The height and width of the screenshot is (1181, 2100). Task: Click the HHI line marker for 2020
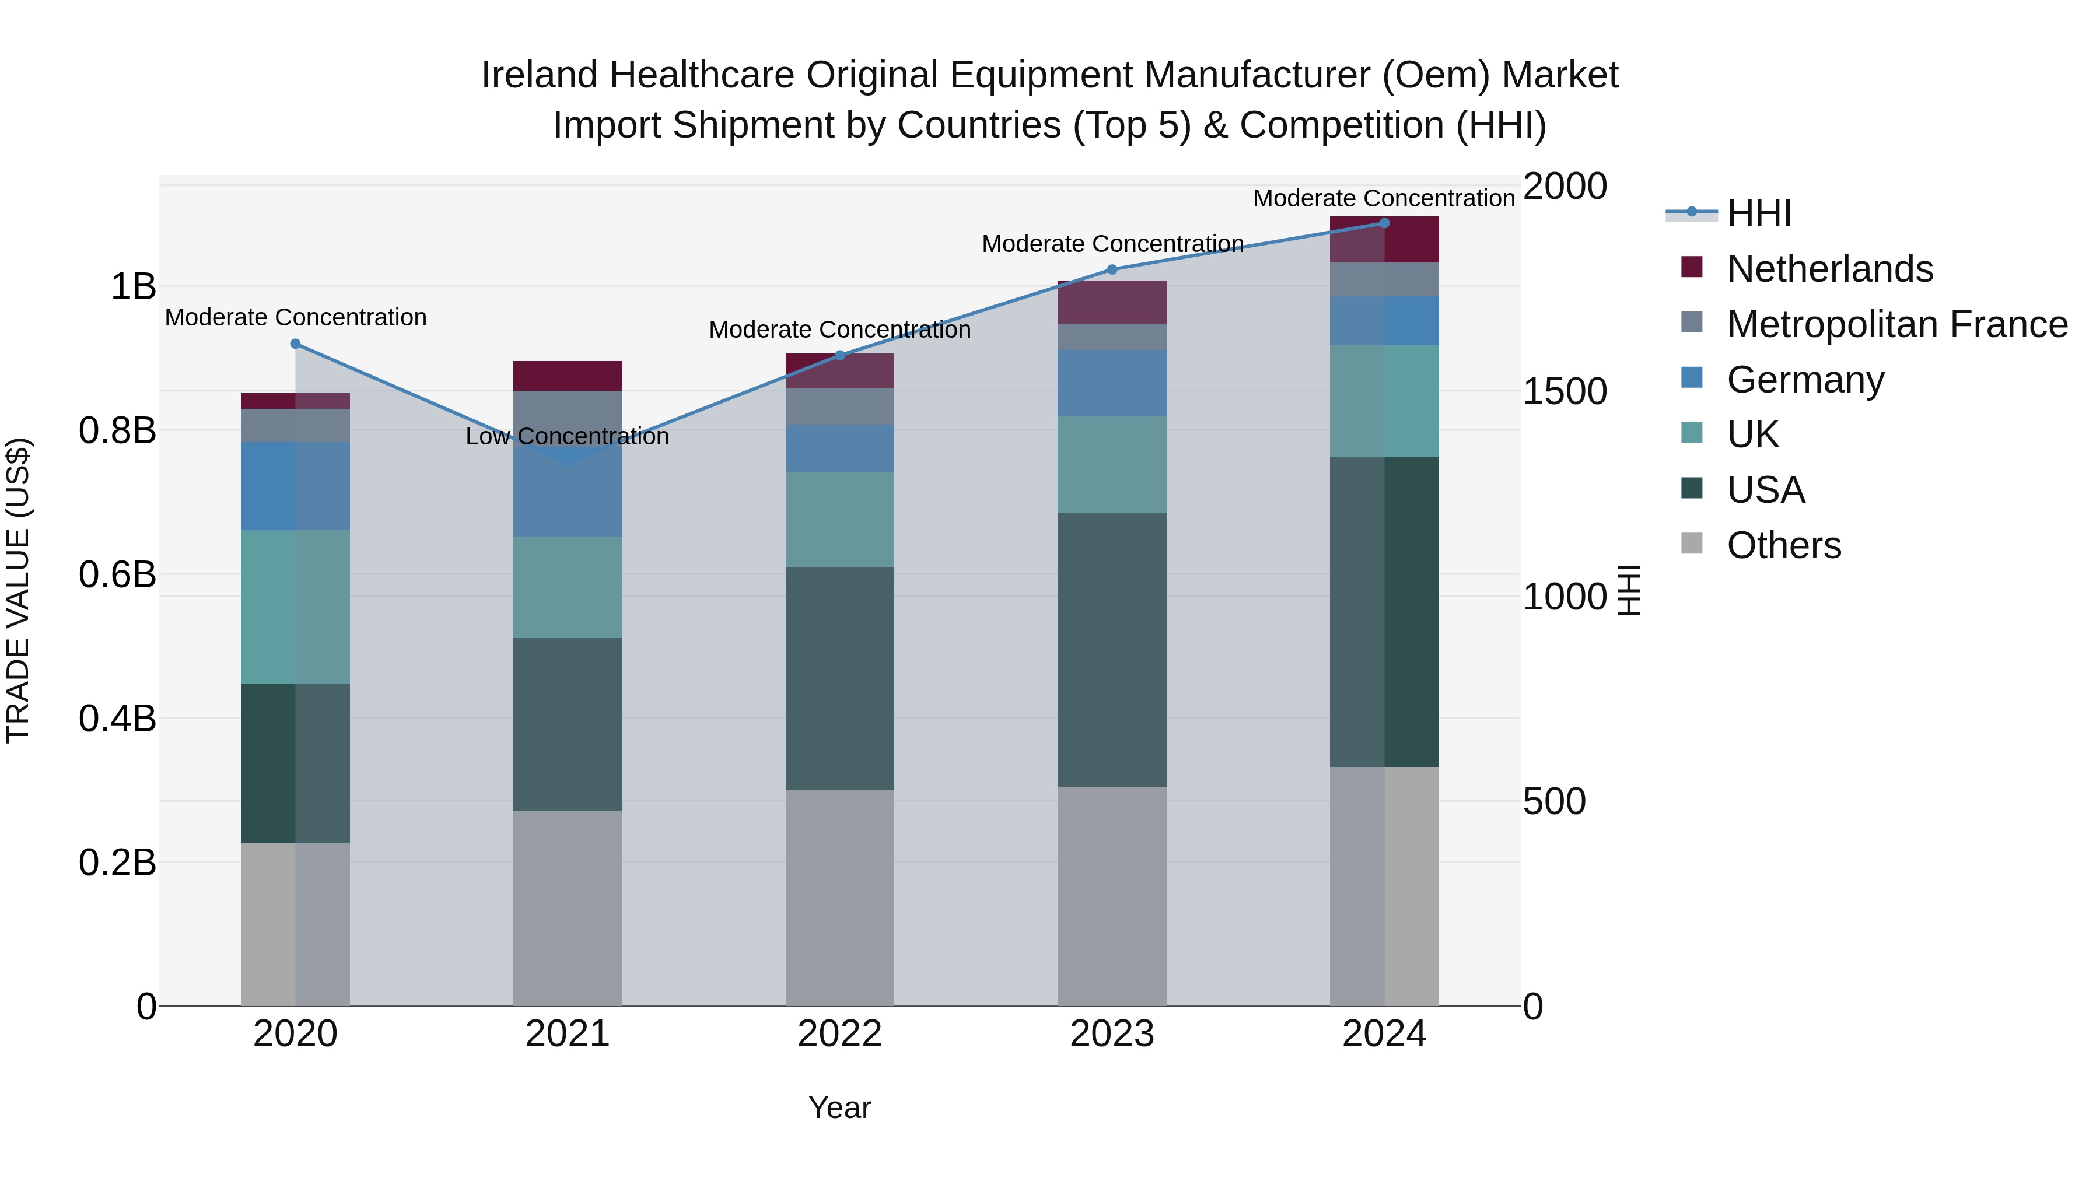[x=295, y=344]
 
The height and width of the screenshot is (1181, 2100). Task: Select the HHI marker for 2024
[x=1384, y=223]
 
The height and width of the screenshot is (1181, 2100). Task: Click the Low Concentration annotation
[x=568, y=437]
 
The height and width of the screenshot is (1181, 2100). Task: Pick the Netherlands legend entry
[x=1829, y=269]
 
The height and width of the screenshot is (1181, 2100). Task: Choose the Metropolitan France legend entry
[x=1896, y=324]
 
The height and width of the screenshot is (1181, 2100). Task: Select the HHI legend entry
[x=1758, y=213]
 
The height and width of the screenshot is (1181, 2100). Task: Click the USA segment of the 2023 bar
[x=1112, y=650]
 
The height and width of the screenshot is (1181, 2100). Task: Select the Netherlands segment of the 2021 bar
[x=568, y=376]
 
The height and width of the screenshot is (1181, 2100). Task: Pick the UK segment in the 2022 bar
[x=839, y=519]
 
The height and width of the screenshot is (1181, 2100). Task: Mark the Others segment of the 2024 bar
[x=1384, y=886]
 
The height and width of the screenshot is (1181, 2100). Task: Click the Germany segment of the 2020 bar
[x=295, y=486]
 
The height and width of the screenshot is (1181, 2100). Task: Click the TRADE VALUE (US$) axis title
[x=18, y=590]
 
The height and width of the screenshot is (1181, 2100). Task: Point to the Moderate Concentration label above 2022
[x=839, y=330]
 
